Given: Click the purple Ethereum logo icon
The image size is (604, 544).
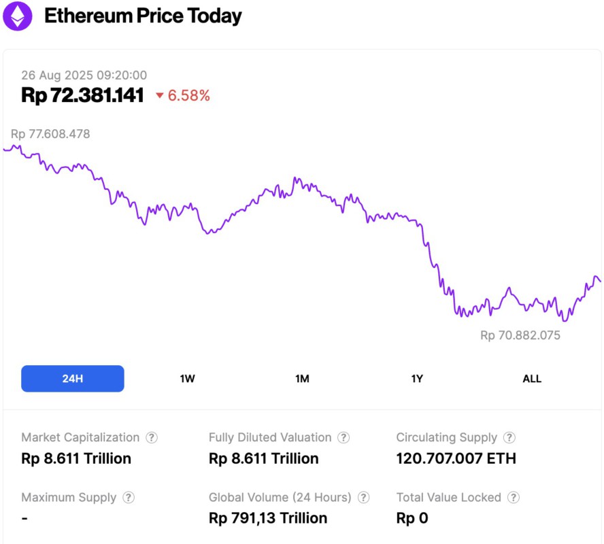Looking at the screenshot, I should [x=17, y=16].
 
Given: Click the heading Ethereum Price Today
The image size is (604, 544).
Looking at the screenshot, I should [x=143, y=16].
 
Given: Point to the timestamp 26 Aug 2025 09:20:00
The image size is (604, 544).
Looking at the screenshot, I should [x=84, y=75].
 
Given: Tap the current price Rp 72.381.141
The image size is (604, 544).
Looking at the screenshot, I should [x=82, y=95].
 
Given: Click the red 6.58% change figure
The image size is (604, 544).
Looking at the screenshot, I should [x=189, y=96].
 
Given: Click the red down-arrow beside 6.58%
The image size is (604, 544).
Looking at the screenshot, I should [x=160, y=96].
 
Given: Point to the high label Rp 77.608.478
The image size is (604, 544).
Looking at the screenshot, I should [x=50, y=134].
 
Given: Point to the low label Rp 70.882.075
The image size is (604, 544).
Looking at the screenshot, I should [x=520, y=335].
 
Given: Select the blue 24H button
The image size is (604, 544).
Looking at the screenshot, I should [x=73, y=379].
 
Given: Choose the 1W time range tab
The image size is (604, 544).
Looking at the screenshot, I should [x=188, y=379].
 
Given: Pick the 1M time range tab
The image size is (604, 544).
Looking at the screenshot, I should [x=302, y=379].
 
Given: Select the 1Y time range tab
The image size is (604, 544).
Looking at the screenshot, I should [x=417, y=379].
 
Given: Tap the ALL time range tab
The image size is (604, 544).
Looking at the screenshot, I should [x=532, y=379].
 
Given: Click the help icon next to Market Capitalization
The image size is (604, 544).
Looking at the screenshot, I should [x=152, y=438].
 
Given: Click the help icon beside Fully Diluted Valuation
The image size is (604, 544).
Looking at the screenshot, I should [x=343, y=438].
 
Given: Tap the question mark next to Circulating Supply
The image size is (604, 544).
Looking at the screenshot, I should [x=509, y=438].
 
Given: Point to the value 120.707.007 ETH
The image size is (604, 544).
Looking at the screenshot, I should [x=456, y=458].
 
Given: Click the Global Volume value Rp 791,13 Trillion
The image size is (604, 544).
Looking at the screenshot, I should [x=268, y=518].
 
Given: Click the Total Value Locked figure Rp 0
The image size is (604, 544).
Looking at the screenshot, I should [x=412, y=518].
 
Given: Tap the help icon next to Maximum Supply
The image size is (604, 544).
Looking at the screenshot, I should [x=129, y=498].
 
